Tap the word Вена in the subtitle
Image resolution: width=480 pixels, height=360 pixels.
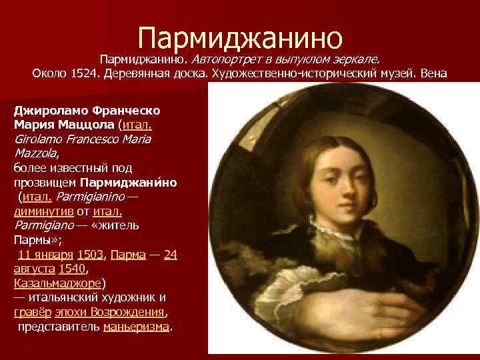[435, 73]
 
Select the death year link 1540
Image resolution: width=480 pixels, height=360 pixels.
[71, 269]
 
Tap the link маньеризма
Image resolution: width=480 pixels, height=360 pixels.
[137, 327]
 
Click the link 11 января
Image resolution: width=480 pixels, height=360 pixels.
[46, 255]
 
